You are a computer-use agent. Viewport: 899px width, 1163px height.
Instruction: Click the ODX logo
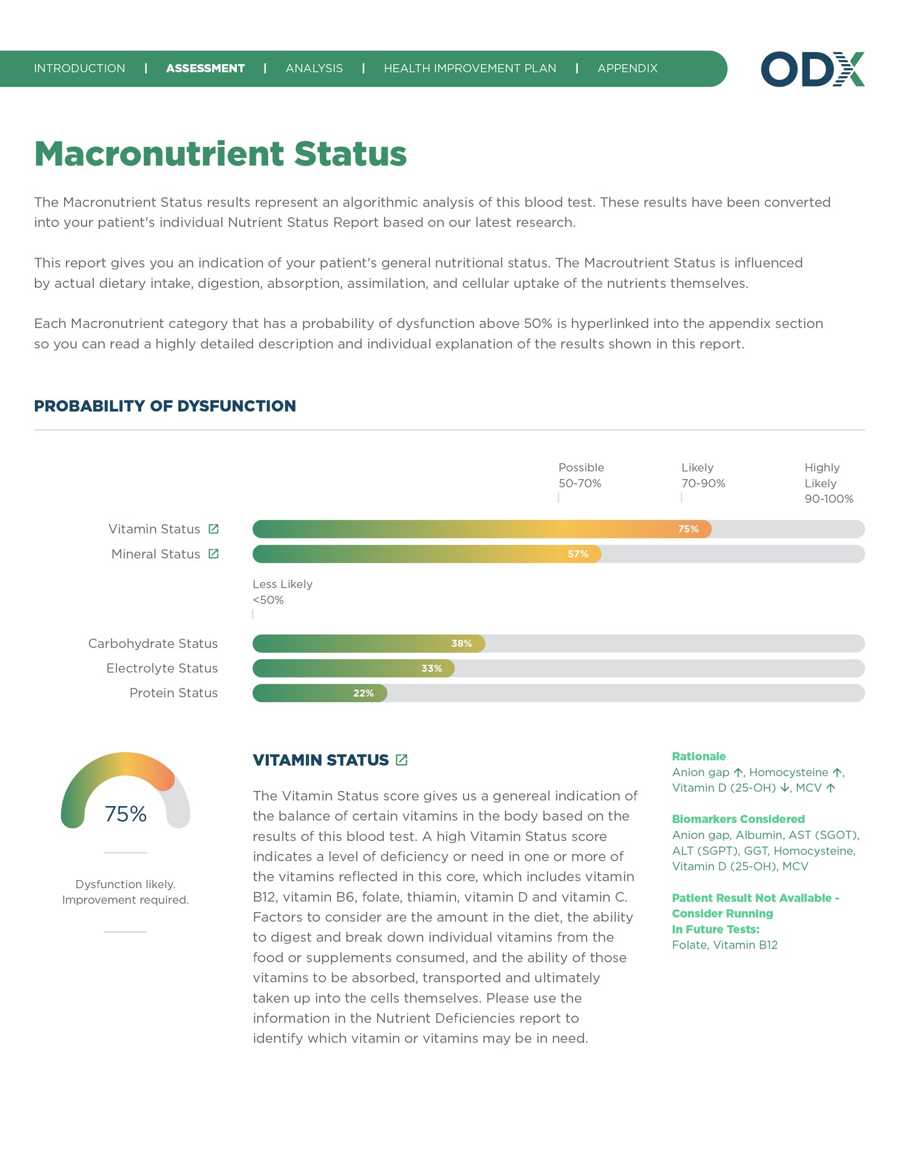tap(812, 69)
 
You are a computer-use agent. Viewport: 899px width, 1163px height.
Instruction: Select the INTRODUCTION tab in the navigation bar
tap(80, 68)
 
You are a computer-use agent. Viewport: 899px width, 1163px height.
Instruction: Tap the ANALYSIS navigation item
tap(314, 68)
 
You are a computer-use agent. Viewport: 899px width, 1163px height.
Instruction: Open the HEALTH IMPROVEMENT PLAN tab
tap(470, 68)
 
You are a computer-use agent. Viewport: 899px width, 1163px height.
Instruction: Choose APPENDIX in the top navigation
tap(627, 68)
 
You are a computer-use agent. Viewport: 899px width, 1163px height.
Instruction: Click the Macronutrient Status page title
tap(220, 154)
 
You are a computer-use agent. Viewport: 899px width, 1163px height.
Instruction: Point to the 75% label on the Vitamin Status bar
tap(688, 529)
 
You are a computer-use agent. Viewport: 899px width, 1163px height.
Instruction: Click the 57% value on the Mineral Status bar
tap(578, 554)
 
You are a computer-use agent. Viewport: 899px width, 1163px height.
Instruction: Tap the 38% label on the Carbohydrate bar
tap(462, 644)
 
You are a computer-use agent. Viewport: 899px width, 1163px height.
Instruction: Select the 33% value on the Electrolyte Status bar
tap(432, 669)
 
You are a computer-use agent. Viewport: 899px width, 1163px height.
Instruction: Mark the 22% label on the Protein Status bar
tap(363, 693)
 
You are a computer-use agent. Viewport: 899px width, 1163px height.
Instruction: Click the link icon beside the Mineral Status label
tap(213, 554)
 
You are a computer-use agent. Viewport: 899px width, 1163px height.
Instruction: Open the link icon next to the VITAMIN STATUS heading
tap(402, 760)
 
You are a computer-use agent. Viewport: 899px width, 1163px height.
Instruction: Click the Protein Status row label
tap(174, 693)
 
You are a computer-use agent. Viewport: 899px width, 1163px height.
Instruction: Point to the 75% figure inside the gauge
tap(126, 814)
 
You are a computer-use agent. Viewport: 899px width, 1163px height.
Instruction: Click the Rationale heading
tap(699, 756)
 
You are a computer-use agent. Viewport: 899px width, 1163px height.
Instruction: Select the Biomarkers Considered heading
tap(738, 819)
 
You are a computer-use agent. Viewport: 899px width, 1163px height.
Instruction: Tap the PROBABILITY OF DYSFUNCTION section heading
tap(165, 406)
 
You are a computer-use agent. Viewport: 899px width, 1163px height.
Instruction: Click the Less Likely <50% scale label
tap(282, 592)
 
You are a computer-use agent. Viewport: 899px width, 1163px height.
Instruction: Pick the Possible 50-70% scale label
tap(581, 475)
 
